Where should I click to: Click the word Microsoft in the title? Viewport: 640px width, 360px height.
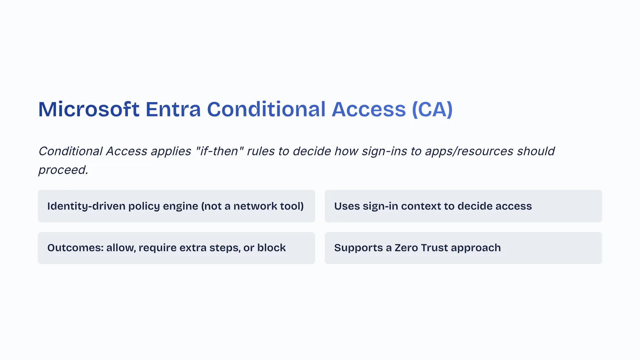pos(89,109)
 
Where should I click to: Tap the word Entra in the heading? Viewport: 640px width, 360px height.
pos(173,109)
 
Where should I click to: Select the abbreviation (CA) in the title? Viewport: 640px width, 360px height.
pos(432,109)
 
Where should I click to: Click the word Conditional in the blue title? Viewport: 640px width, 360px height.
pos(266,109)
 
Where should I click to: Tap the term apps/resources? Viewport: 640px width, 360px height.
pos(469,152)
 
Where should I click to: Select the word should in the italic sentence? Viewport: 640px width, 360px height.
pos(536,151)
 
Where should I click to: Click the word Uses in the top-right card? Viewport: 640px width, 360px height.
pos(347,206)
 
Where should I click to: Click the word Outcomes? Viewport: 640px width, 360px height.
pos(75,248)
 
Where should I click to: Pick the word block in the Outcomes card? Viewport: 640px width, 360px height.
pos(271,248)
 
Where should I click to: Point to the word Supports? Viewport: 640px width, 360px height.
pos(359,248)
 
